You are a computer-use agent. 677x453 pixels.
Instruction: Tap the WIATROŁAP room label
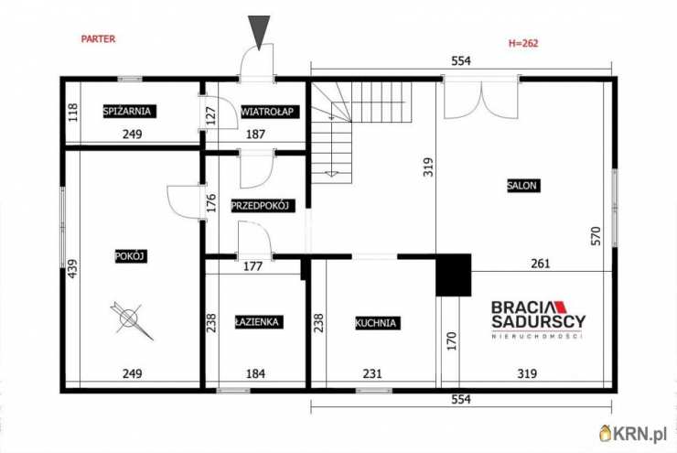267,112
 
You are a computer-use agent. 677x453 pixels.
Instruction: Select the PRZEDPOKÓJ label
263,206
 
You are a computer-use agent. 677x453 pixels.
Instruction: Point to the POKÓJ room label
131,256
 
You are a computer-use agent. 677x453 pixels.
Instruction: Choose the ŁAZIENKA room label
259,322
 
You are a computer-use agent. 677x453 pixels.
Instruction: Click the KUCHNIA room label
377,323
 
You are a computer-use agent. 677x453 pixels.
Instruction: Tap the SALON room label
523,186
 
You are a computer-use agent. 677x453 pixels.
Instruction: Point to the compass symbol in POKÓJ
131,319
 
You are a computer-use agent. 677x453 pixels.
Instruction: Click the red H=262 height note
523,43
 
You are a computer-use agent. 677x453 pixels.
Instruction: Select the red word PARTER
99,38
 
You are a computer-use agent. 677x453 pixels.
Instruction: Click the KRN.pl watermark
633,434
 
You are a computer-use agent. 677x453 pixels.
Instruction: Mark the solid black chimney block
454,275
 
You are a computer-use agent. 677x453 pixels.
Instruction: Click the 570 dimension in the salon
596,236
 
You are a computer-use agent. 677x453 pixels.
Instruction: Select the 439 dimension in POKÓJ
73,268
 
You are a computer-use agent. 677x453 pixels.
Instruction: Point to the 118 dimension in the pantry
73,113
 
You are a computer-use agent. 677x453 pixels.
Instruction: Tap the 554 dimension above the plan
461,61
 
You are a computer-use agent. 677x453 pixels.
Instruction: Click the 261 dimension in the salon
541,263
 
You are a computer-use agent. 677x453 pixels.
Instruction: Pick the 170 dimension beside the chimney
452,340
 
